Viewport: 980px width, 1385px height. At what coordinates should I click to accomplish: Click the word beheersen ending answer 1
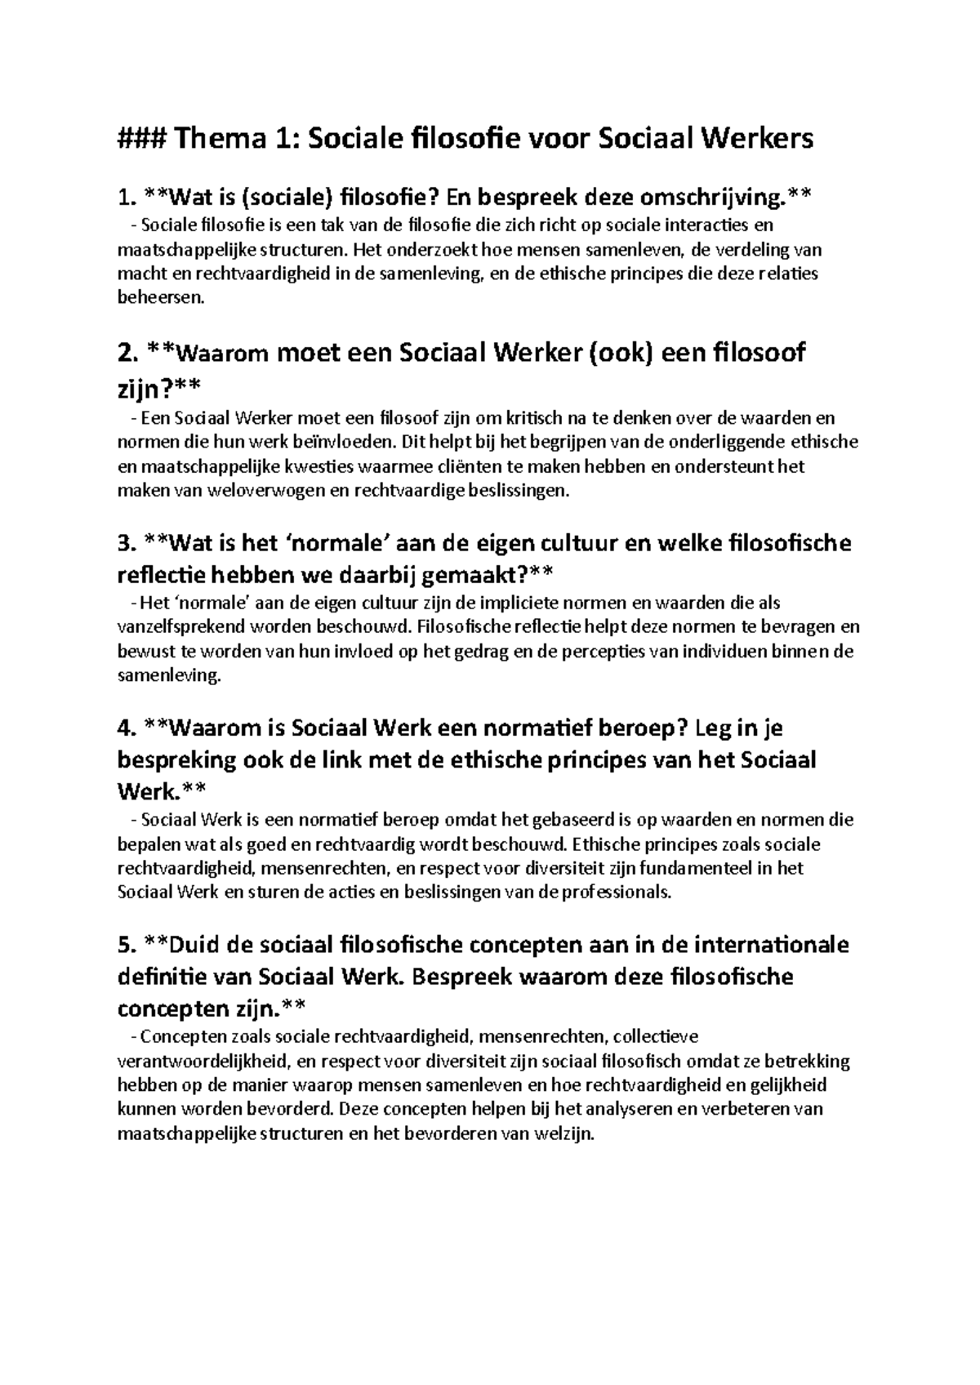158,298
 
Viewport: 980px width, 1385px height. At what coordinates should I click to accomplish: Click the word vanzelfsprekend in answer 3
179,628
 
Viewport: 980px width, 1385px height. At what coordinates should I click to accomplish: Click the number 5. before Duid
126,945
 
